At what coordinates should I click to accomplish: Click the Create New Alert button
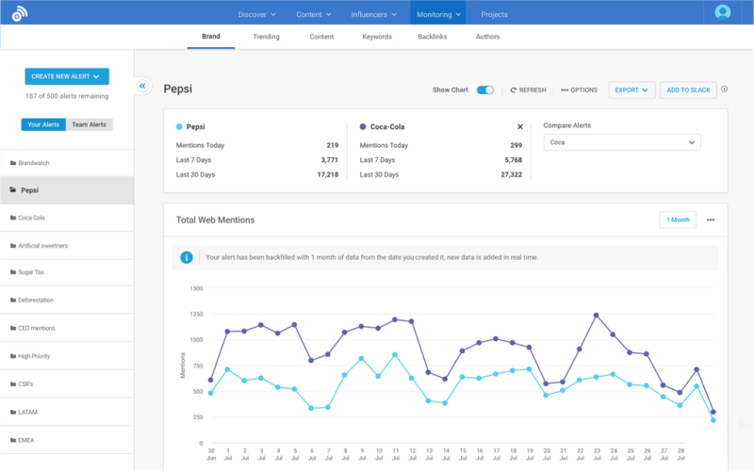tap(67, 76)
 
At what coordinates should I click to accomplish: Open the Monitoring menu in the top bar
tap(438, 14)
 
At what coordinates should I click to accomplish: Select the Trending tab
tap(266, 37)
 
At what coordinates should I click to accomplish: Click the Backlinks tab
tap(433, 37)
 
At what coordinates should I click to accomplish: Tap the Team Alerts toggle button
tap(89, 124)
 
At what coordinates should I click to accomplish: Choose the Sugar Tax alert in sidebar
tap(36, 272)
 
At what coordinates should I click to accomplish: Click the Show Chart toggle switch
tap(485, 89)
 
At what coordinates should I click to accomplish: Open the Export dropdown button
tap(631, 89)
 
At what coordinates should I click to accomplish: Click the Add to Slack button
tap(688, 89)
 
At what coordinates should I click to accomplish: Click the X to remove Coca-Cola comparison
tap(520, 126)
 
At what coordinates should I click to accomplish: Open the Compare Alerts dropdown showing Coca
tap(622, 142)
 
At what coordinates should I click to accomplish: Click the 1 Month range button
tap(678, 219)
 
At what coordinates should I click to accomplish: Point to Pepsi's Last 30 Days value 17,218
tap(327, 175)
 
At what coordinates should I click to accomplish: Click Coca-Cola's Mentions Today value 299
tap(516, 145)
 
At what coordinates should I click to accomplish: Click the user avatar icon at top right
tap(723, 12)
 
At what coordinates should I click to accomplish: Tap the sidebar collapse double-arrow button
tap(143, 86)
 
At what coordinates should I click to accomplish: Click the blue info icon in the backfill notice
tap(187, 257)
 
